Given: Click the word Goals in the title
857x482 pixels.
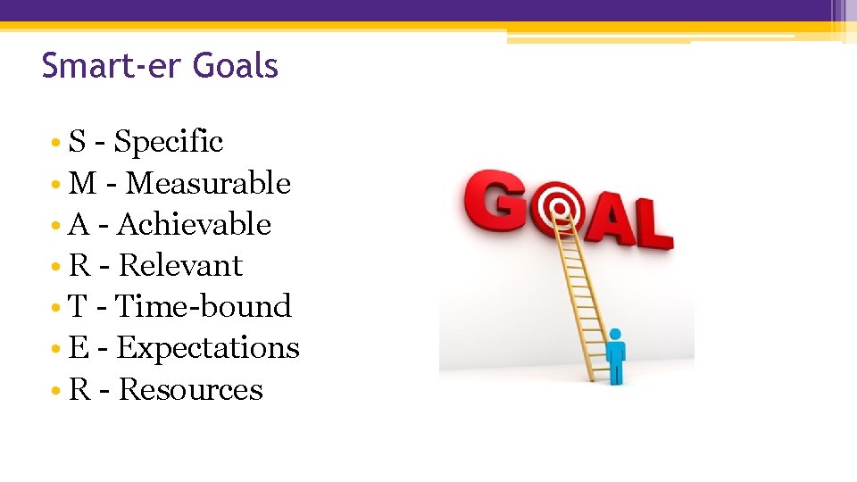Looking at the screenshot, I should (x=236, y=66).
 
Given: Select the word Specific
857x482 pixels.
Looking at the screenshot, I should (x=169, y=142).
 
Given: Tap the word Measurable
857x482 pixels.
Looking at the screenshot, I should (x=209, y=183).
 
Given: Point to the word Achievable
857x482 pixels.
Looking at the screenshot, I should (x=194, y=224).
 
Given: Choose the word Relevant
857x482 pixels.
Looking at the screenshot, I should (x=180, y=265).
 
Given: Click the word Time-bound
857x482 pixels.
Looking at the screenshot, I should (x=204, y=306).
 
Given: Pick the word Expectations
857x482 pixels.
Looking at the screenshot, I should (x=208, y=347).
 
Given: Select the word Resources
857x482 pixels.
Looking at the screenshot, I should (x=191, y=389).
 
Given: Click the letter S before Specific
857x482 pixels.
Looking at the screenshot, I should (x=78, y=142).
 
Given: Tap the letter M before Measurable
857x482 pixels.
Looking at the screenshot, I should (x=83, y=183).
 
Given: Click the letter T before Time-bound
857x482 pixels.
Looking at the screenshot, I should (x=78, y=306).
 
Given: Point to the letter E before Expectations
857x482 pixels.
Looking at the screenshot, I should (x=79, y=347).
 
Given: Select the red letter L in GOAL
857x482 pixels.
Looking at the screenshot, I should (x=652, y=223).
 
